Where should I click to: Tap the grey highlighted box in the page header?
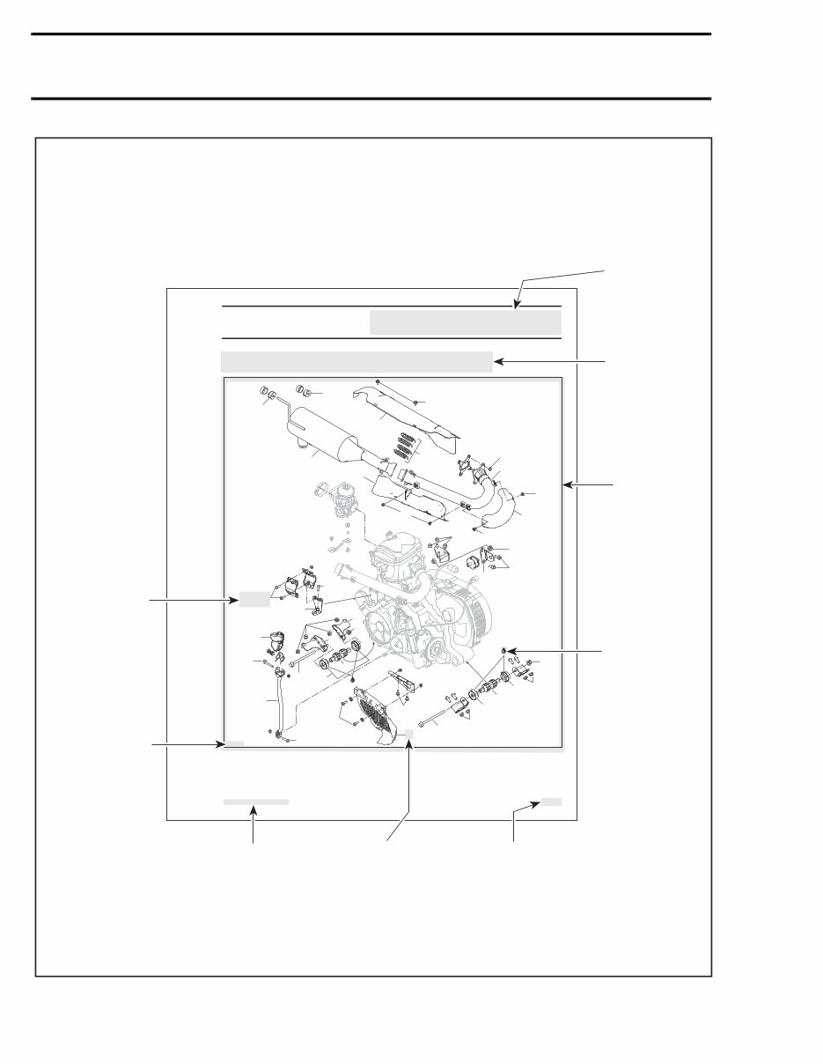pos(465,322)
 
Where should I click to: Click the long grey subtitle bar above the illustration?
pos(356,361)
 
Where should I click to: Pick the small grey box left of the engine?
pos(254,601)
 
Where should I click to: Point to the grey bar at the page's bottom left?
pos(255,802)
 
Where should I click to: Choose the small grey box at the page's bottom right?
pos(551,802)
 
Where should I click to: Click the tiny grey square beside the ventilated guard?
pos(410,733)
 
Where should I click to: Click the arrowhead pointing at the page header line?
pos(518,306)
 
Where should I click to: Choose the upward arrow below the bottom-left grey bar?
pos(254,815)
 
